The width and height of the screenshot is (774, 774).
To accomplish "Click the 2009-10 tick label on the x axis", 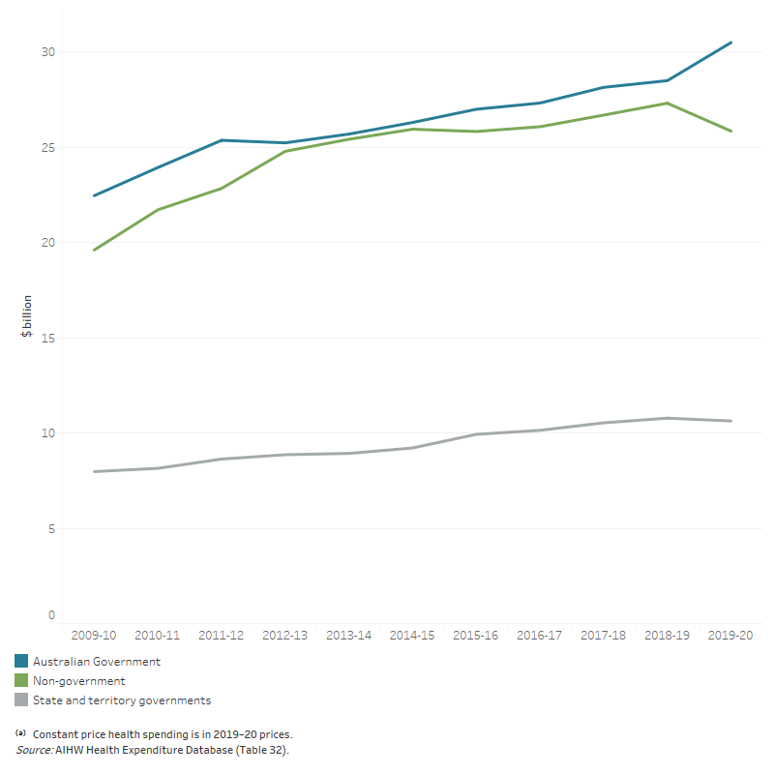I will (x=94, y=636).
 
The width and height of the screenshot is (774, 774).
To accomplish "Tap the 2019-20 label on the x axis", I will (x=730, y=636).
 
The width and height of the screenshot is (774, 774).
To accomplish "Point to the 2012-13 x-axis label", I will (x=286, y=636).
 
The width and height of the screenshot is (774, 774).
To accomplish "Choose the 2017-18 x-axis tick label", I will (x=604, y=636).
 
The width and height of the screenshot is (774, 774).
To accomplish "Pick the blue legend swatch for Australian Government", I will (x=21, y=662).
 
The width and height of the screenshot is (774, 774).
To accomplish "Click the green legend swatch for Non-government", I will (x=21, y=681).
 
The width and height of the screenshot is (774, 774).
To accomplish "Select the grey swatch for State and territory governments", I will (x=21, y=700).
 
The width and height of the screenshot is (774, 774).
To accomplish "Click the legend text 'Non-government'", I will (x=78, y=681).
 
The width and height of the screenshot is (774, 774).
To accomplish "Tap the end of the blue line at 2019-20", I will (x=730, y=43).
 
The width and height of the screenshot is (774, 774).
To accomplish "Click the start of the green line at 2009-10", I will (x=94, y=251).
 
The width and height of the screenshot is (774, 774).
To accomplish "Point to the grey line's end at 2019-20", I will (x=730, y=421).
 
